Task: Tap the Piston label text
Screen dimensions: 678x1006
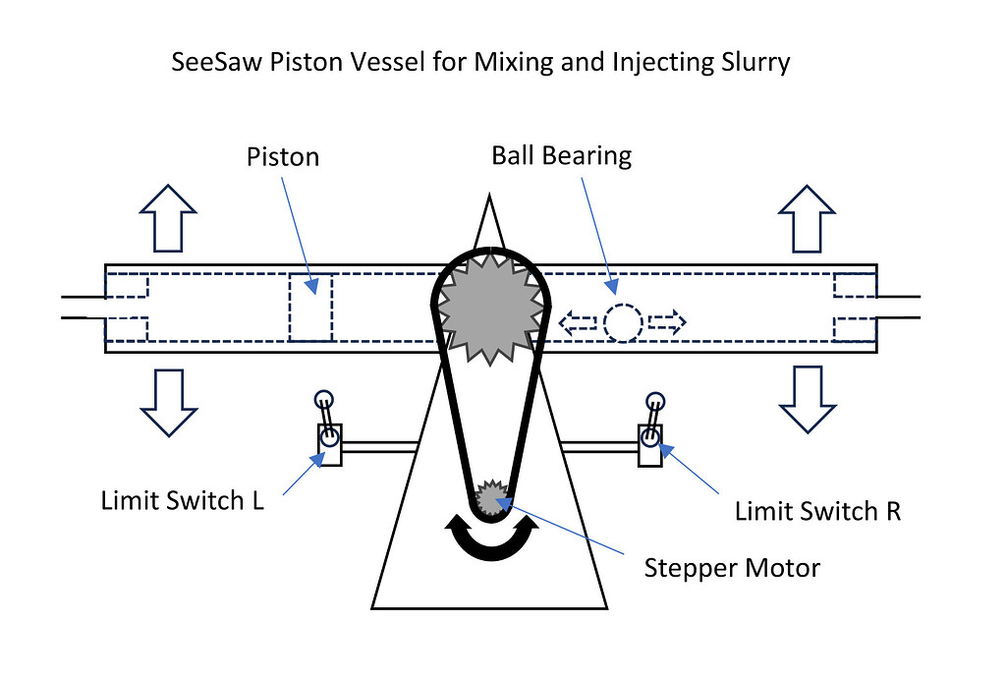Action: point(283,156)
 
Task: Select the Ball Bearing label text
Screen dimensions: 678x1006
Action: point(561,155)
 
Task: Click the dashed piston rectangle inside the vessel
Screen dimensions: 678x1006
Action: point(310,308)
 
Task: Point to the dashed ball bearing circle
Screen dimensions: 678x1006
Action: point(622,322)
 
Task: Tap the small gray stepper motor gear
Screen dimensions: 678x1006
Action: point(490,499)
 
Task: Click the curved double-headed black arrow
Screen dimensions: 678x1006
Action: point(490,543)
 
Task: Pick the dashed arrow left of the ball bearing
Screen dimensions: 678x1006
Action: point(578,322)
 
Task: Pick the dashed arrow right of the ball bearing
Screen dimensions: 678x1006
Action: point(666,322)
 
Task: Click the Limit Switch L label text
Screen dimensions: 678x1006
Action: point(182,500)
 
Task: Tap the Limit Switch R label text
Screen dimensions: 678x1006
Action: point(817,511)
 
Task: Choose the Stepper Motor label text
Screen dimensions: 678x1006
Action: point(731,568)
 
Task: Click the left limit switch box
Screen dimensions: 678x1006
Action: point(328,443)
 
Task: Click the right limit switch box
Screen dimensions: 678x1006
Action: point(649,443)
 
